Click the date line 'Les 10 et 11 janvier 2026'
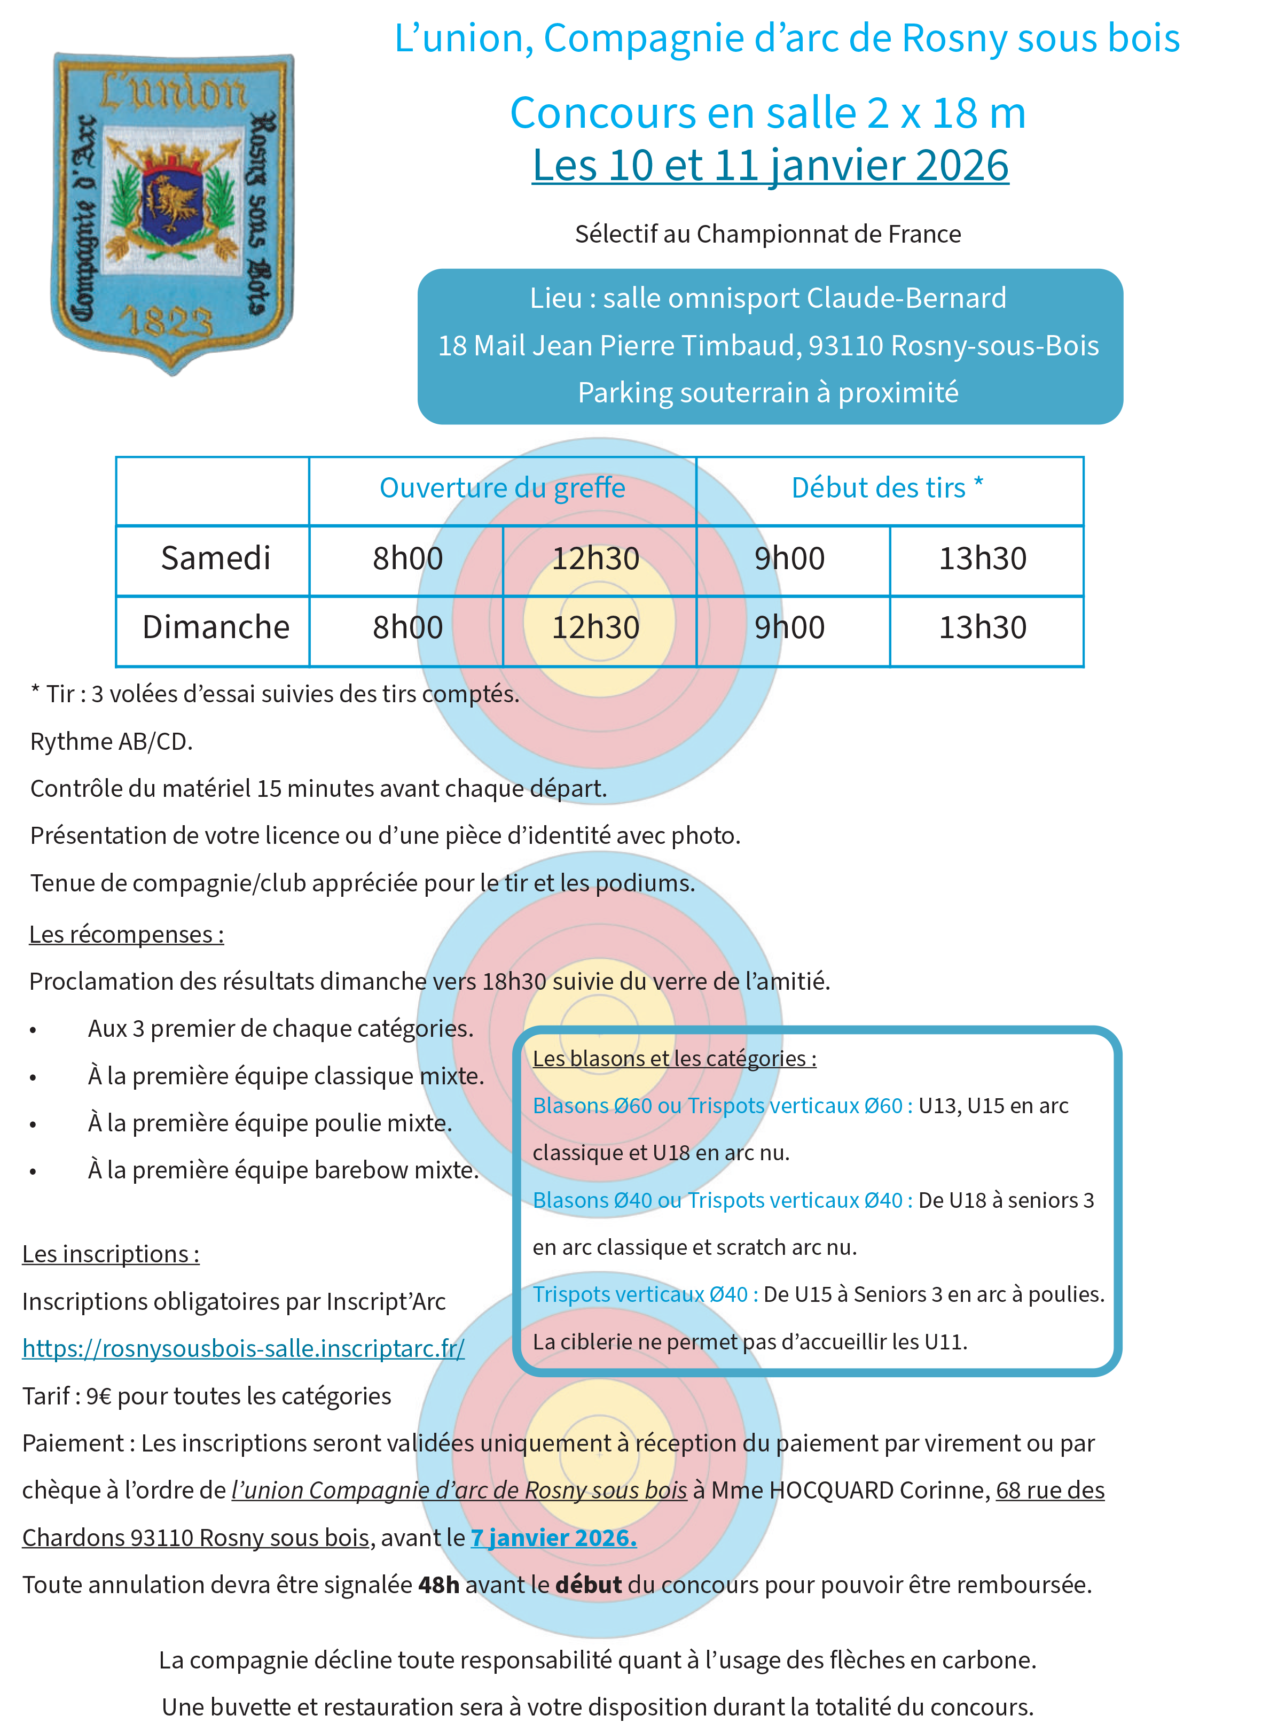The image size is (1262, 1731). pos(770,166)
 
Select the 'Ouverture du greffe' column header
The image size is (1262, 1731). pos(502,488)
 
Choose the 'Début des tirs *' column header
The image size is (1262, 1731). pos(888,488)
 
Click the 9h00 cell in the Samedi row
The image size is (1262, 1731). pos(790,558)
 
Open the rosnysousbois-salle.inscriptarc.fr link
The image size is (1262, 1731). pos(243,1348)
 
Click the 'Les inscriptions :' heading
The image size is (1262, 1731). pos(111,1254)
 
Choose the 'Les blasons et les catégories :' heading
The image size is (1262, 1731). pos(674,1059)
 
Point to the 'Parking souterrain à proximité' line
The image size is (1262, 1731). pos(768,393)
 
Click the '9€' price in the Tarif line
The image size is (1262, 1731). pos(99,1396)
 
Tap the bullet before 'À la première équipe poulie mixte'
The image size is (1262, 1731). pos(33,1125)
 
